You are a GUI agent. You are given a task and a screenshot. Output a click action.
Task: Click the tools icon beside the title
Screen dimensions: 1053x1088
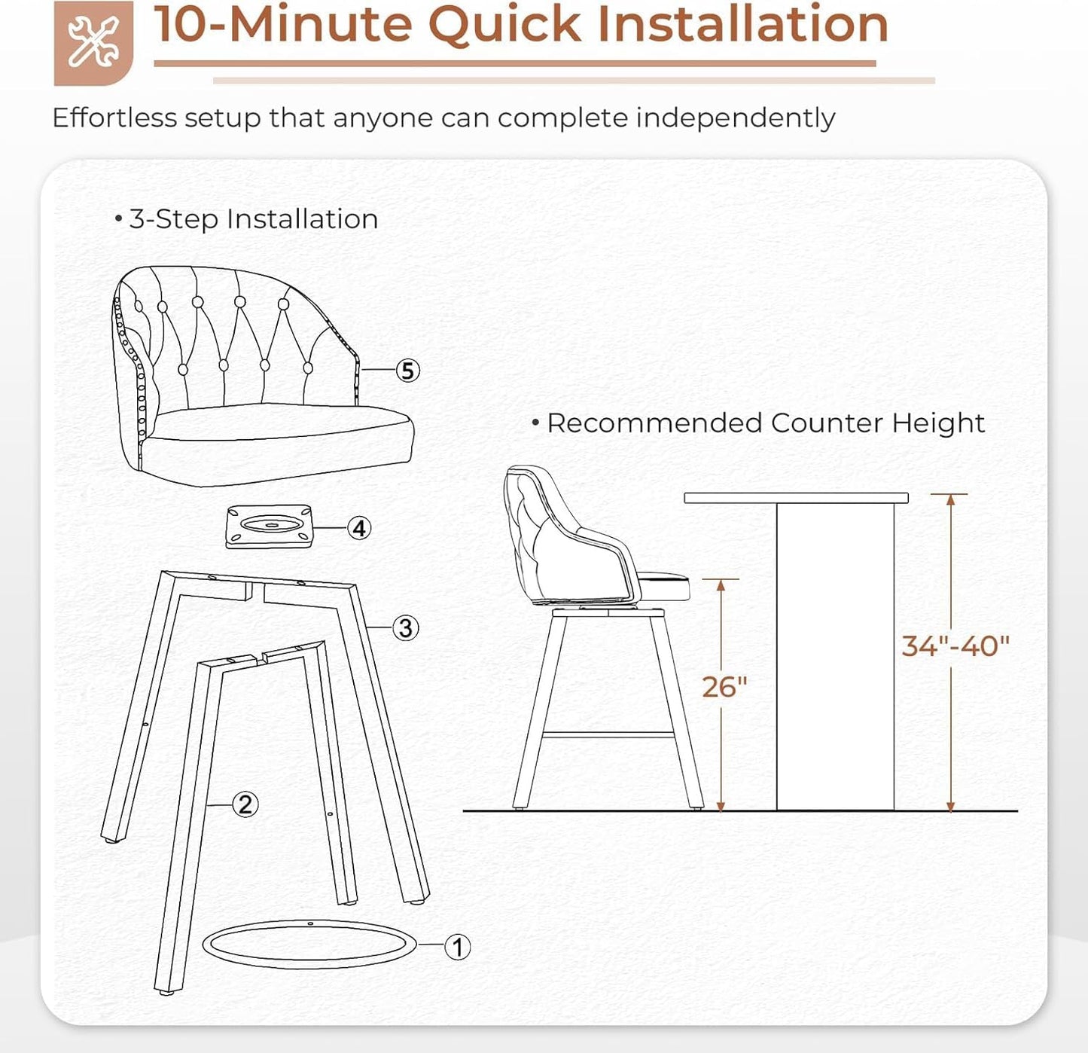pos(93,42)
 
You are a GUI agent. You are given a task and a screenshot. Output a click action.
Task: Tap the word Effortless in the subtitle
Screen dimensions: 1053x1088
pos(114,118)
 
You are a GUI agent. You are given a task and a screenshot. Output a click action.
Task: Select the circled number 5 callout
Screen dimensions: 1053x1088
pos(407,371)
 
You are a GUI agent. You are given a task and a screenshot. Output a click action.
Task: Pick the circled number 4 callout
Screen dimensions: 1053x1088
pos(359,528)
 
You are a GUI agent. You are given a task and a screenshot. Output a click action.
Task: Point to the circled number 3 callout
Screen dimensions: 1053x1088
pos(405,627)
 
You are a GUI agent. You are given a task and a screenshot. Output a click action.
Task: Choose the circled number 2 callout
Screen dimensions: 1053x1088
pos(245,804)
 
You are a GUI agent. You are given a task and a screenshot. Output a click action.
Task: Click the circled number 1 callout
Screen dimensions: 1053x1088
pos(457,947)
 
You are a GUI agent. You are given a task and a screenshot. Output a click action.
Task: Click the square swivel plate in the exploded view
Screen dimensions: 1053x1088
pos(269,526)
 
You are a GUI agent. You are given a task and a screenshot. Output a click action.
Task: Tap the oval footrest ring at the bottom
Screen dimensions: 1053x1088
pos(309,945)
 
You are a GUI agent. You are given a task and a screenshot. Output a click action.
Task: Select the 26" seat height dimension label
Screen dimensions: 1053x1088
pos(724,687)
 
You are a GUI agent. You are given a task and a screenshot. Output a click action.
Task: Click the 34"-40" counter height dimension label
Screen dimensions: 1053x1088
pos(955,646)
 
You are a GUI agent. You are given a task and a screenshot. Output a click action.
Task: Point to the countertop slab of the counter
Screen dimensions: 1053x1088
pos(796,498)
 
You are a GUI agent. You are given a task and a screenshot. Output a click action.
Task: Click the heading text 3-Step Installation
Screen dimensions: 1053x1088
pos(253,219)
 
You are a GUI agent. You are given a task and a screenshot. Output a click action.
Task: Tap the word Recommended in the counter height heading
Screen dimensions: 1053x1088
pos(654,423)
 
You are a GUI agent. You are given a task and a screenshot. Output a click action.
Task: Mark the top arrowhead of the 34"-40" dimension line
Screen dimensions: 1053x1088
pos(951,499)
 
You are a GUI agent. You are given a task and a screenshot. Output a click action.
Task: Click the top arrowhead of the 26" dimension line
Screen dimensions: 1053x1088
pos(721,584)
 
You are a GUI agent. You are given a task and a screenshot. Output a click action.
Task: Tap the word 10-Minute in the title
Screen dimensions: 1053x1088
pos(283,24)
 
